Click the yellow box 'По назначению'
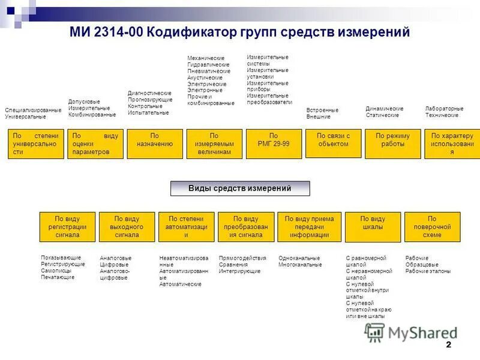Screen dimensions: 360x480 point(155,143)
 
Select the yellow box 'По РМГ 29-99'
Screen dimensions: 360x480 point(274,143)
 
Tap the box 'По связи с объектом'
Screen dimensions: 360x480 point(333,143)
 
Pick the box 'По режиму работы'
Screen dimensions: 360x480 point(392,143)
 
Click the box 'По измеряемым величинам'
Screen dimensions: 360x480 point(214,143)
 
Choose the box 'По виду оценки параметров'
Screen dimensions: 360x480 point(95,143)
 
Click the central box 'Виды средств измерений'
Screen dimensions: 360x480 point(240,188)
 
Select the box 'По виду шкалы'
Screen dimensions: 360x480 point(373,227)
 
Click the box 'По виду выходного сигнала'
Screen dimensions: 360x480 point(127,227)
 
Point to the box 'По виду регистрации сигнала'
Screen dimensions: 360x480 point(67,227)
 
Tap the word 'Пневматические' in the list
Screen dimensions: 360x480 point(209,71)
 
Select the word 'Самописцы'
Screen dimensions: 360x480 point(56,271)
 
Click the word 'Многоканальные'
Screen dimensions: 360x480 point(300,265)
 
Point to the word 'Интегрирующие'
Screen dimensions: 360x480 point(239,271)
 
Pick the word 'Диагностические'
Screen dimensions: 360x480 point(149,93)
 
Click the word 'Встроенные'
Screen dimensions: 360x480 point(322,110)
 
